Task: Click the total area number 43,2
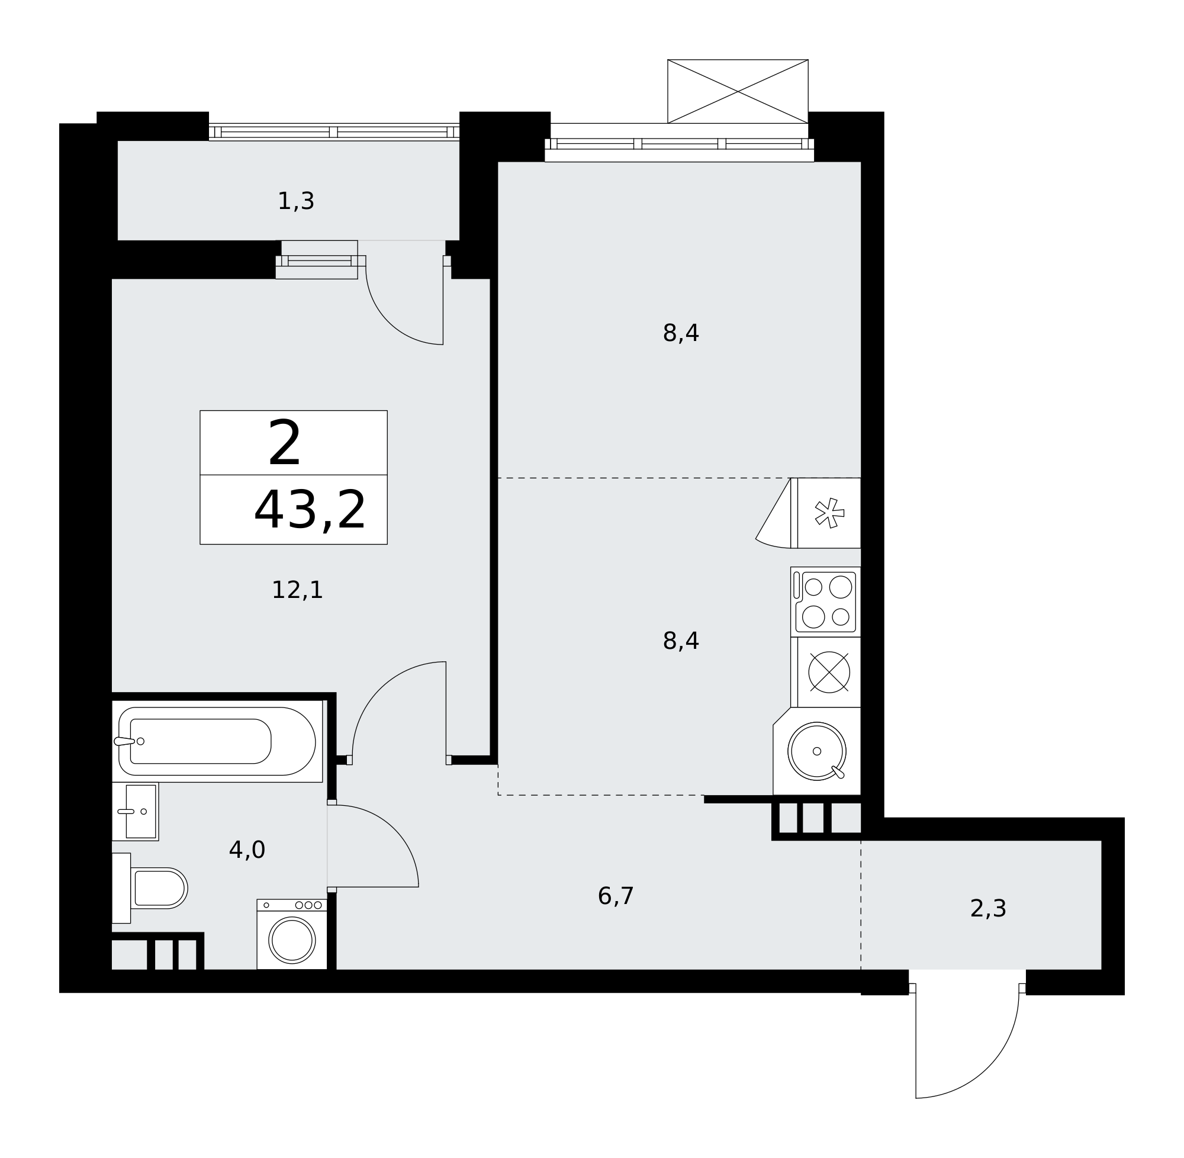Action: click(x=310, y=510)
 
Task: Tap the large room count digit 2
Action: click(x=285, y=443)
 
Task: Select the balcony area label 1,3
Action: click(x=295, y=201)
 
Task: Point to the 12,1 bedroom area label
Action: click(x=297, y=590)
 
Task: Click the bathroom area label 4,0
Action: click(x=247, y=850)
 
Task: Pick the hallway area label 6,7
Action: click(x=616, y=896)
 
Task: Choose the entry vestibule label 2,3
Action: click(x=988, y=909)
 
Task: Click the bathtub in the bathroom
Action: click(x=217, y=741)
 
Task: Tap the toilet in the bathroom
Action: click(x=150, y=888)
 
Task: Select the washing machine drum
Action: click(x=292, y=940)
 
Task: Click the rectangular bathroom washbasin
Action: click(x=136, y=811)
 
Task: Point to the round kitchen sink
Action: click(x=817, y=751)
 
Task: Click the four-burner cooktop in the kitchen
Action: click(x=825, y=602)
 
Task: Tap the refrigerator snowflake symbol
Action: click(x=829, y=513)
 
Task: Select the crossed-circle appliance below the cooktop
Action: click(x=829, y=672)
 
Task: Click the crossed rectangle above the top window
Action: click(x=738, y=91)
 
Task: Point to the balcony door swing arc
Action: click(x=388, y=317)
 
